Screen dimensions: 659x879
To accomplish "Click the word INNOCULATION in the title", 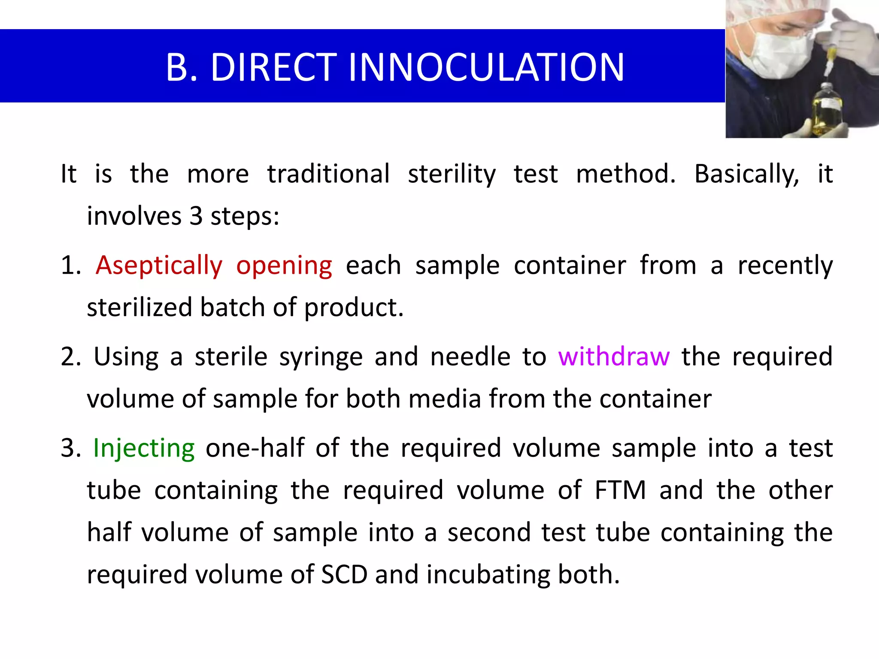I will pos(486,67).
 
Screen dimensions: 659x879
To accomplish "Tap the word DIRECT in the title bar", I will pos(273,67).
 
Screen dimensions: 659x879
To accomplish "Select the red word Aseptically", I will pos(159,266).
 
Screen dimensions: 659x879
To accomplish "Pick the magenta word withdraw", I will pos(613,357).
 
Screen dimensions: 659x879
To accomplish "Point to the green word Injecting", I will pos(144,449).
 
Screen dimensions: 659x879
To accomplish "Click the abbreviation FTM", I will pos(620,490).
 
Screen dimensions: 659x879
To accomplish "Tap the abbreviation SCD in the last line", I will pos(344,574).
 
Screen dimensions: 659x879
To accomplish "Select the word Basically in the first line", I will pos(746,175).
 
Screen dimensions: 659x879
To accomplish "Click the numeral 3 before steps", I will pos(196,216).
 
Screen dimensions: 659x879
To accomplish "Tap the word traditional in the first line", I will pos(328,174).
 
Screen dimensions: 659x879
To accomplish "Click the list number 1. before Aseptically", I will pos(71,266).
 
